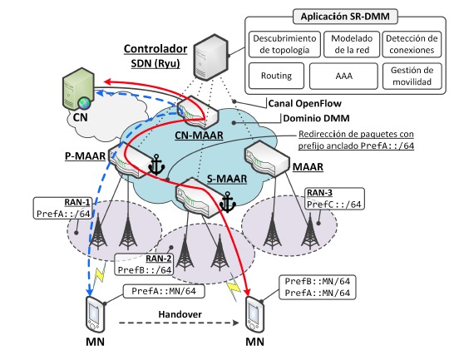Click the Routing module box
point(276,76)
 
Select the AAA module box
point(343,76)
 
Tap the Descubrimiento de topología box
point(284,44)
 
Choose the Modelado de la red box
point(352,44)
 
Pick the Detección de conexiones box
point(412,44)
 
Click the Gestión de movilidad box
point(412,76)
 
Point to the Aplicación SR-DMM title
point(345,17)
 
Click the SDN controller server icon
point(210,57)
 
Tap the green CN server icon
point(78,89)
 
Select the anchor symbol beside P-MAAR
point(156,165)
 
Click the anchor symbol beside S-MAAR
point(228,202)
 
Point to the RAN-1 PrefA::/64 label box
point(62,208)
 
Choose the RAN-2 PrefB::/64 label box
point(144,264)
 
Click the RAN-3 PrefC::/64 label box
point(334,199)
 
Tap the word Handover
point(180,314)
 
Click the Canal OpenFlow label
point(304,103)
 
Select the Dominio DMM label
point(316,118)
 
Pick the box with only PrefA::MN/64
point(164,291)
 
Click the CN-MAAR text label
point(199,136)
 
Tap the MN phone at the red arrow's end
point(254,313)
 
